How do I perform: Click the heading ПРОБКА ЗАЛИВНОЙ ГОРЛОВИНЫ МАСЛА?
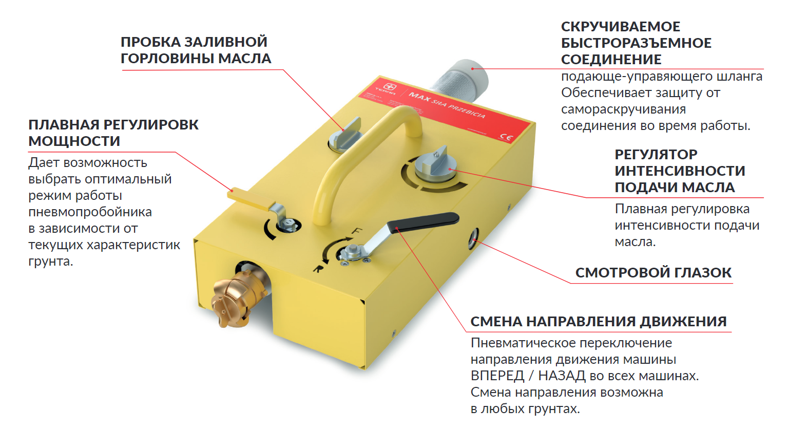[x=196, y=50]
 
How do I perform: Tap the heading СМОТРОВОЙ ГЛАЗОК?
[x=653, y=272]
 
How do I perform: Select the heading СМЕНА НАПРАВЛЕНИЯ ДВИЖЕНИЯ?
[x=598, y=321]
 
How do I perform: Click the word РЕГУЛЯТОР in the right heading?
[x=656, y=154]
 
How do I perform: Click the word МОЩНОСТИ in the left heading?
[x=74, y=141]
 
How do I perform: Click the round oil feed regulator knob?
[x=434, y=164]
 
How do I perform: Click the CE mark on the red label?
[x=506, y=137]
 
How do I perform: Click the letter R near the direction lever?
[x=318, y=268]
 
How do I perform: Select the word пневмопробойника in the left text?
[x=90, y=212]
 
